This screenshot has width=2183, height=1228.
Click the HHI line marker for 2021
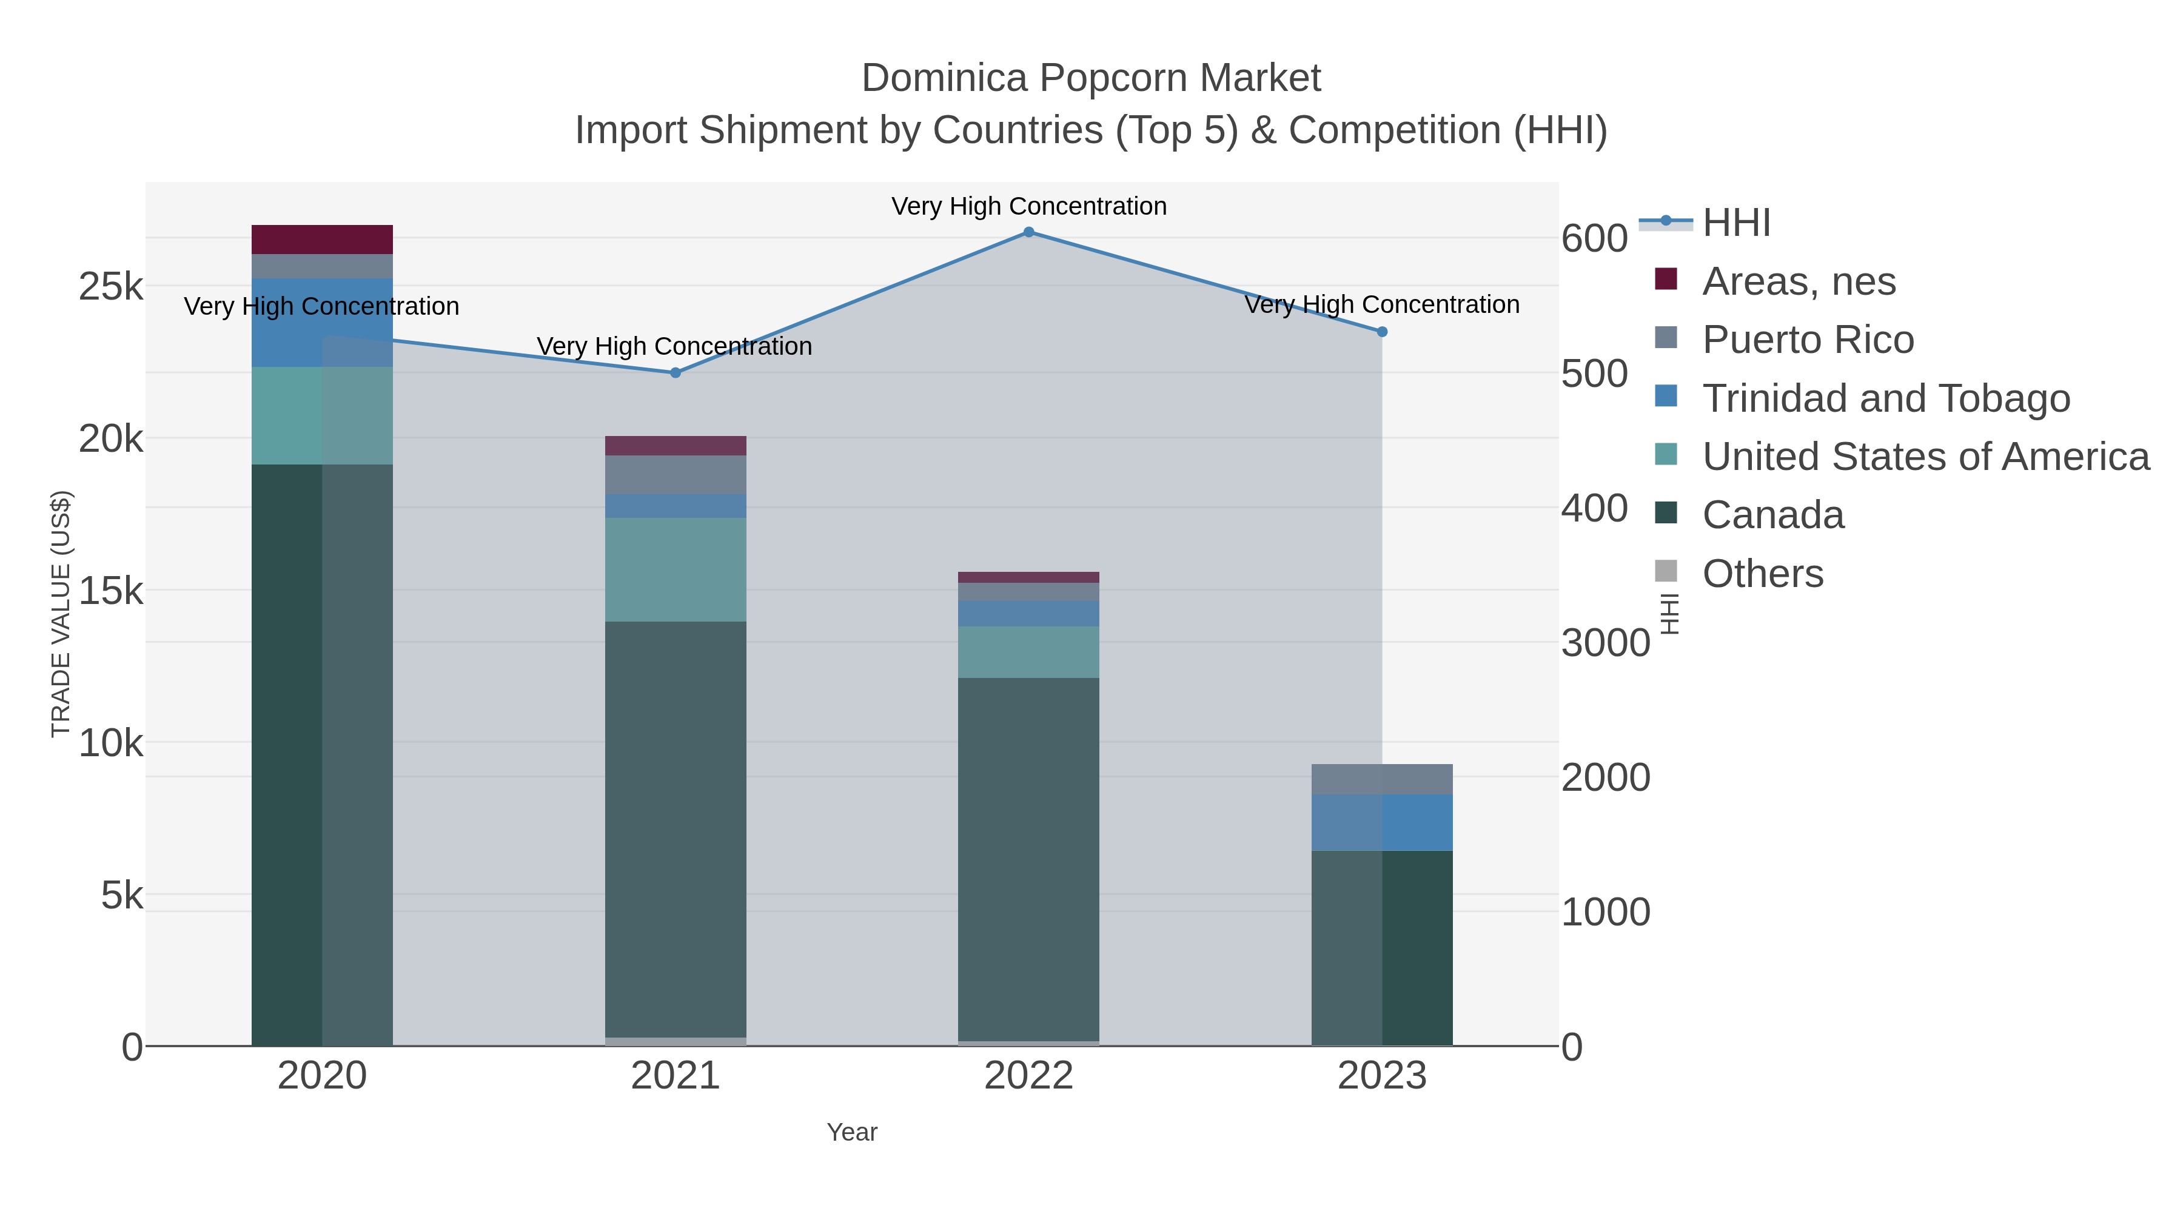(676, 373)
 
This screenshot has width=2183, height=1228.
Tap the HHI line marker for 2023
(1381, 332)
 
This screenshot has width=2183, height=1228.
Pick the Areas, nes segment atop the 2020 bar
(322, 240)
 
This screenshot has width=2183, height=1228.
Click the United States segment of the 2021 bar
(676, 569)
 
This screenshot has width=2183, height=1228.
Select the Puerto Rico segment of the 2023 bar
(1381, 780)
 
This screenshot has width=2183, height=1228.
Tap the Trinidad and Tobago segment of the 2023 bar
(1381, 823)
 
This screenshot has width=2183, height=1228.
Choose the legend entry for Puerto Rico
(1808, 340)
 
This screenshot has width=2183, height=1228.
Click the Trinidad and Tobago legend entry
(1885, 398)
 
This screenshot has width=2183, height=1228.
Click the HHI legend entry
(1735, 223)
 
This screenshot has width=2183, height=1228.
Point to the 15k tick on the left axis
(111, 591)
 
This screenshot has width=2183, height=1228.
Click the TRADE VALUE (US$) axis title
(61, 614)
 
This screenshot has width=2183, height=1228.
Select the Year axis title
(852, 1132)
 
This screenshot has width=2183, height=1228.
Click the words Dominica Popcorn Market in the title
(1091, 78)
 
